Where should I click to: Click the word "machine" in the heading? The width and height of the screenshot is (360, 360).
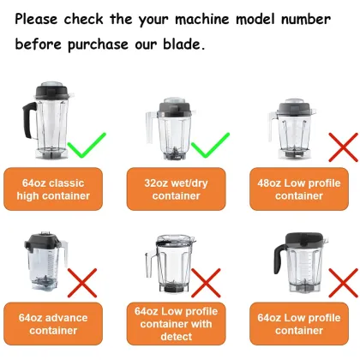(x=202, y=20)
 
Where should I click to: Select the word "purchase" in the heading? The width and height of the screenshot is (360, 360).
(x=98, y=45)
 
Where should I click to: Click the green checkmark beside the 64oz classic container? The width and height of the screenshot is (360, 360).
(x=87, y=145)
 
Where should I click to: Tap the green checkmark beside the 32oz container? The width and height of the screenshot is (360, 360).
(x=210, y=145)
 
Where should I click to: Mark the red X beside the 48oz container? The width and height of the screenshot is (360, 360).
(x=344, y=147)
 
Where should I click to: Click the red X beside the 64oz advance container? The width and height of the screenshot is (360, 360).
(x=82, y=283)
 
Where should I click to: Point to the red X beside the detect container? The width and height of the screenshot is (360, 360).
(x=206, y=283)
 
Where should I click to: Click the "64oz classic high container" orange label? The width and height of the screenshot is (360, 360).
(x=53, y=189)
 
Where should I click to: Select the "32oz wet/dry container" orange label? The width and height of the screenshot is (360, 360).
(x=177, y=189)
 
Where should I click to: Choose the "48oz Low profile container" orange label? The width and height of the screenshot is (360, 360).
(x=299, y=189)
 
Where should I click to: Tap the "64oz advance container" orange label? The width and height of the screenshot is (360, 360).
(x=53, y=324)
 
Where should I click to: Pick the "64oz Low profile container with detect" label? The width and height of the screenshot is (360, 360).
(x=177, y=324)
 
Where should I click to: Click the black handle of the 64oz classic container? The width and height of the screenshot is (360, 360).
(x=28, y=120)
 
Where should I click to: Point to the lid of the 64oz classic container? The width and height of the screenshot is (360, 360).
(x=52, y=91)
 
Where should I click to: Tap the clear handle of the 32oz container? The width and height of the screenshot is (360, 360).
(x=151, y=127)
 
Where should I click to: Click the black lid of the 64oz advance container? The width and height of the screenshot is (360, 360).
(x=43, y=242)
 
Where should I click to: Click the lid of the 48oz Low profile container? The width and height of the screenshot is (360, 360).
(x=295, y=107)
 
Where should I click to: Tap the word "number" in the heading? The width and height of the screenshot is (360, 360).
(x=306, y=20)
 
